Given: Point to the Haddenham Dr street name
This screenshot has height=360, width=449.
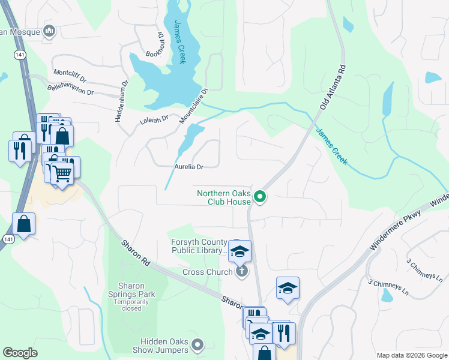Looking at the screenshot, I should [122, 101].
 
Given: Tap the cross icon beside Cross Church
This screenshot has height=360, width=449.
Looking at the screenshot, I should [241, 272].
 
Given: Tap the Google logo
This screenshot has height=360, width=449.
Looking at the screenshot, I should [20, 352].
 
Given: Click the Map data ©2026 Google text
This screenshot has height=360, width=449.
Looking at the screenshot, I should [411, 355].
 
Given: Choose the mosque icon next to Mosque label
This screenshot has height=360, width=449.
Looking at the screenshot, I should [49, 31].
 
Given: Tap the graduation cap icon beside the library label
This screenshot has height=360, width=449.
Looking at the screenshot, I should [240, 251].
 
